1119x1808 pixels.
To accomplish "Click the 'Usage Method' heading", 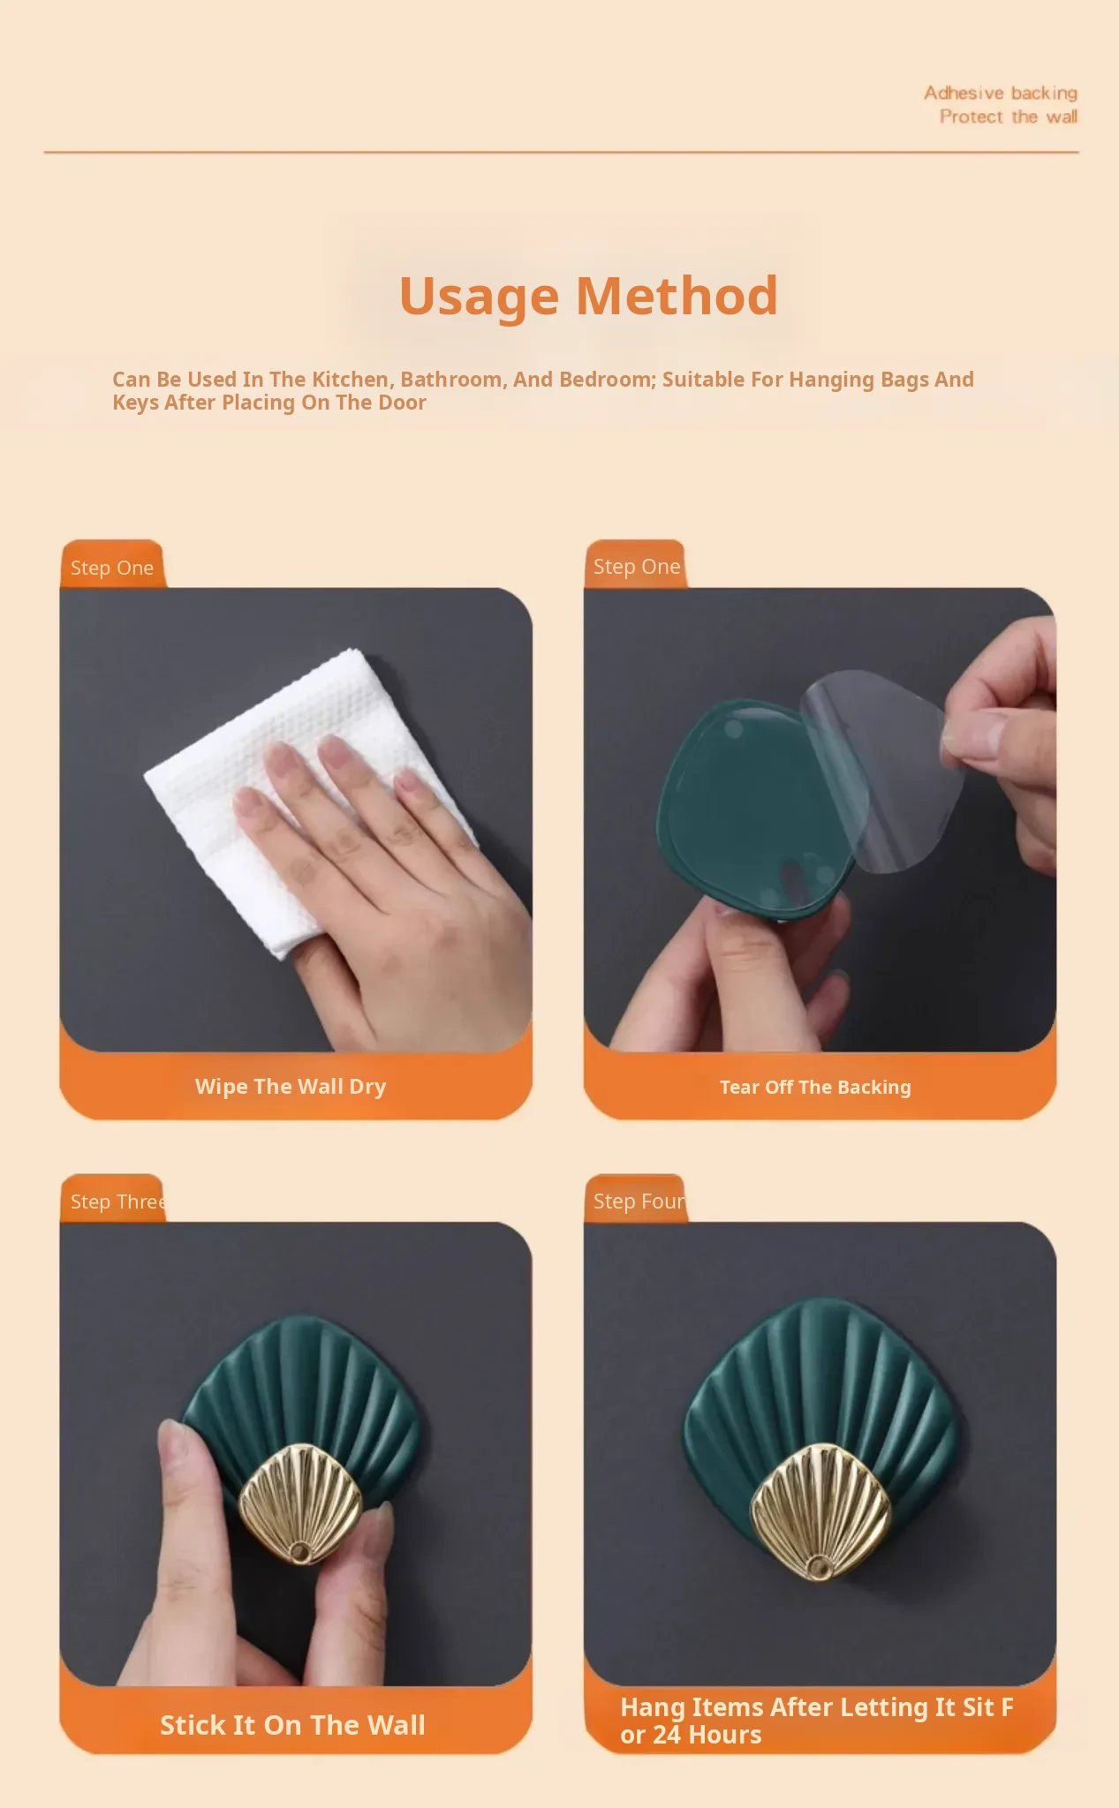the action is tap(588, 296).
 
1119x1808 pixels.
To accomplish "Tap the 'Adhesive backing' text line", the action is tap(1001, 93).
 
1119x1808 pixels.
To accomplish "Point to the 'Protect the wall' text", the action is tap(1009, 117).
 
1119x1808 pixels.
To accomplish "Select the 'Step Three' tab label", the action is tap(118, 1202).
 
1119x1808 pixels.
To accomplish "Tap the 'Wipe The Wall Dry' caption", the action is tap(291, 1087).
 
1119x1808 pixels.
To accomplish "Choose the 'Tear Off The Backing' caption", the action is tap(815, 1088).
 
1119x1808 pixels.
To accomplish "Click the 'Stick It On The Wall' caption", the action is tap(292, 1725).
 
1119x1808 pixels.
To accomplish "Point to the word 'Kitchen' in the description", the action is tap(352, 380).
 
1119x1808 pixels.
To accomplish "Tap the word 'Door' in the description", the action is tap(402, 403).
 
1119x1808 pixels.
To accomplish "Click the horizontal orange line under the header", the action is tap(562, 152).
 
